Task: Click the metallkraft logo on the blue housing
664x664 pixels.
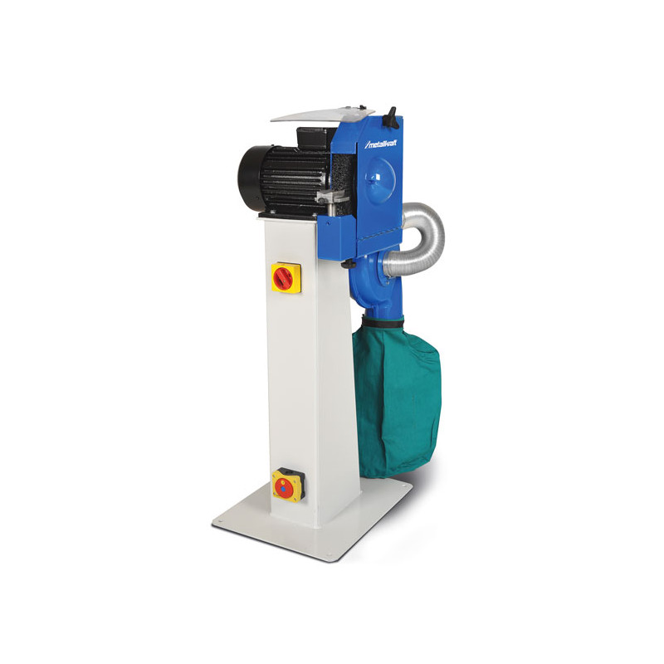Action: pyautogui.click(x=381, y=144)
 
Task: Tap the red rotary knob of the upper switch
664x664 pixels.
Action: pyautogui.click(x=282, y=278)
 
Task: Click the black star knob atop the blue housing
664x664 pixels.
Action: pyautogui.click(x=391, y=116)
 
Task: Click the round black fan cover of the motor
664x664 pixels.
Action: pyautogui.click(x=250, y=181)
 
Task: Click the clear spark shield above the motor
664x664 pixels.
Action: pyautogui.click(x=323, y=114)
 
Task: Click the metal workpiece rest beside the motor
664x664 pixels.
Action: pyautogui.click(x=333, y=197)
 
